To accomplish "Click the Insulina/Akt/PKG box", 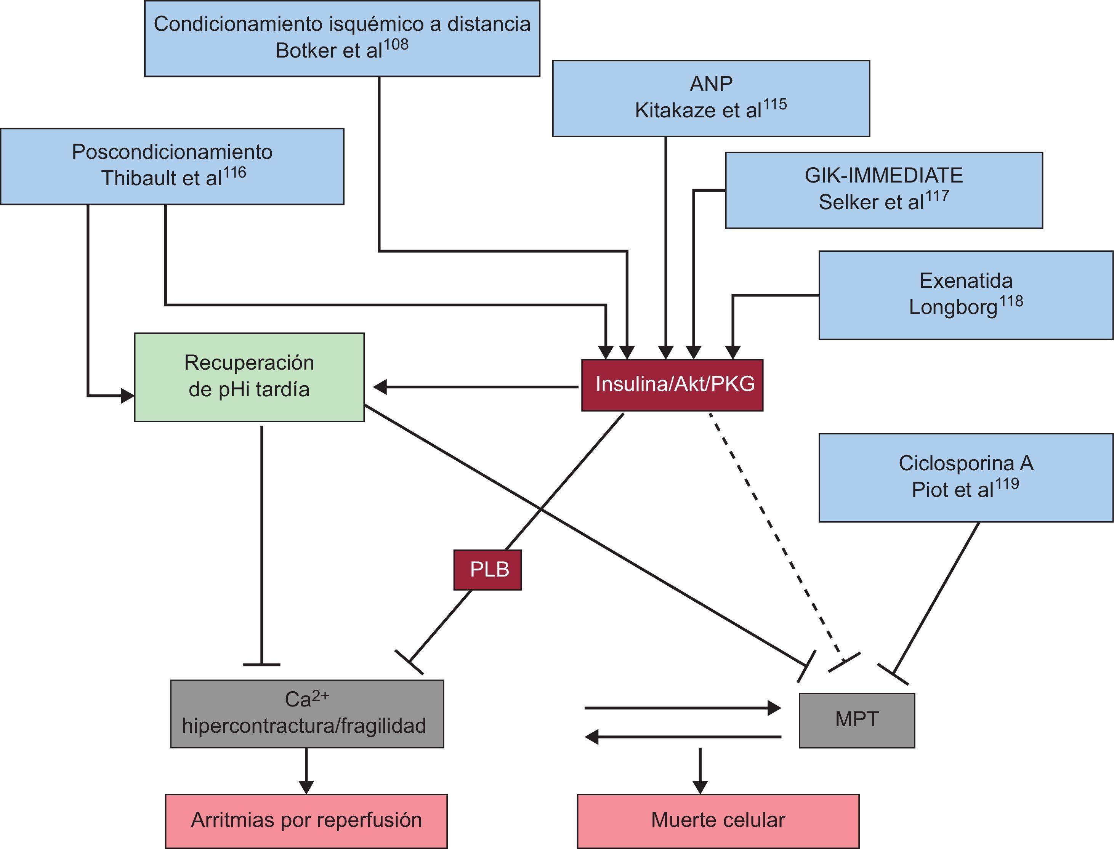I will tap(672, 385).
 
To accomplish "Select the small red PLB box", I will tap(487, 570).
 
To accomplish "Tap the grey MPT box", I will tap(856, 719).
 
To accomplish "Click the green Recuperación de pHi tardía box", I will tap(249, 377).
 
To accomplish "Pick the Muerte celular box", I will tap(718, 820).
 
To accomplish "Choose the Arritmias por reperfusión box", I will tap(306, 820).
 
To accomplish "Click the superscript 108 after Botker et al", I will tap(396, 45).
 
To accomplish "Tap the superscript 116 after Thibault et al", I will tap(234, 173).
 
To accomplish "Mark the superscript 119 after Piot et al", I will tap(1007, 484).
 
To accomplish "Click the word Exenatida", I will tap(966, 281).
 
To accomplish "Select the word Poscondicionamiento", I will tap(172, 152).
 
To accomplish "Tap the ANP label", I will tap(711, 84).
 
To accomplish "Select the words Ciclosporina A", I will tap(965, 463).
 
